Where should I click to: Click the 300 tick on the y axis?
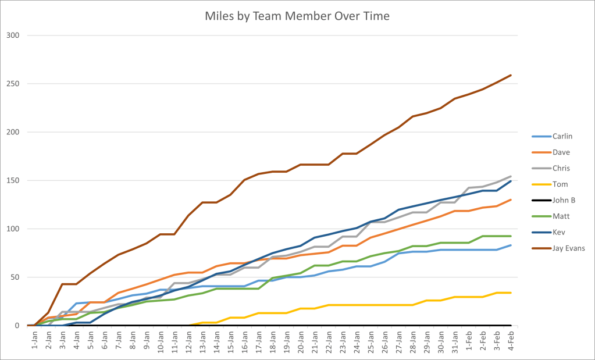point(13,35)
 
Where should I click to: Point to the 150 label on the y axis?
point(13,180)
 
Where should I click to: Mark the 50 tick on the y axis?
point(15,277)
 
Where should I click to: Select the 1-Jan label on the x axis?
point(34,337)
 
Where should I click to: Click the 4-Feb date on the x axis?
point(511,337)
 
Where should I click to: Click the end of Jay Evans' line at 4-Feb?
point(511,75)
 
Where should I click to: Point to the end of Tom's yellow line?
point(511,293)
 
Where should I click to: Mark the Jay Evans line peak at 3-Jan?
point(62,284)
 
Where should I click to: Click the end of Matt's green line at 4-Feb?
point(511,236)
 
